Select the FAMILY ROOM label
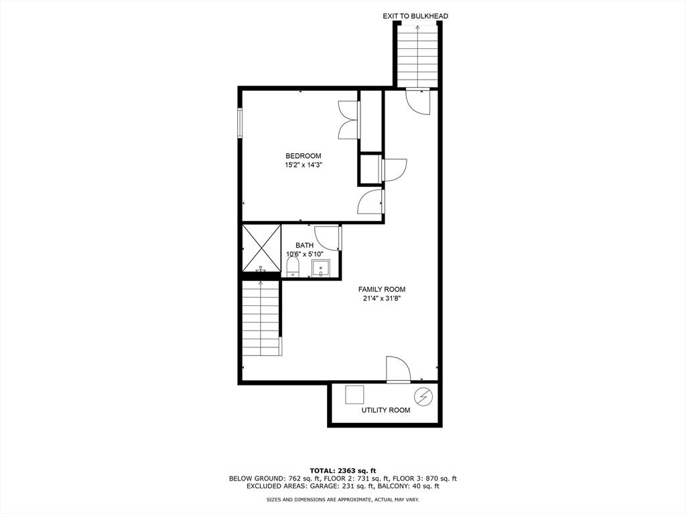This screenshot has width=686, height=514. pos(381,290)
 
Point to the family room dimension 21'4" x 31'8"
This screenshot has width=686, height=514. pos(381,299)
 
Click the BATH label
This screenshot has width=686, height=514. pos(304,246)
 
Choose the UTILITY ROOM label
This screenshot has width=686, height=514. pos(385,410)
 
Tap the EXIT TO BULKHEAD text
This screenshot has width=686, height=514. pos(415,15)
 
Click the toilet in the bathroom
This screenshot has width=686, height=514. pos(292,268)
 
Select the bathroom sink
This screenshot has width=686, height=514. pos(321,268)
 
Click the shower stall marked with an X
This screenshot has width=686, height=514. pos(261,248)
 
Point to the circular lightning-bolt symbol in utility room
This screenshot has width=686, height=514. pos(423,397)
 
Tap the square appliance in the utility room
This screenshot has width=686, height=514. pos(354,395)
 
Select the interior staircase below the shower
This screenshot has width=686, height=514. pos(261,318)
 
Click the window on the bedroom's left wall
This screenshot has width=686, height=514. pos(240,122)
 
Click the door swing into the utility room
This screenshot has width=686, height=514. pos(398,369)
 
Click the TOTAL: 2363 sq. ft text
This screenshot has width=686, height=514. pos(342,470)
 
